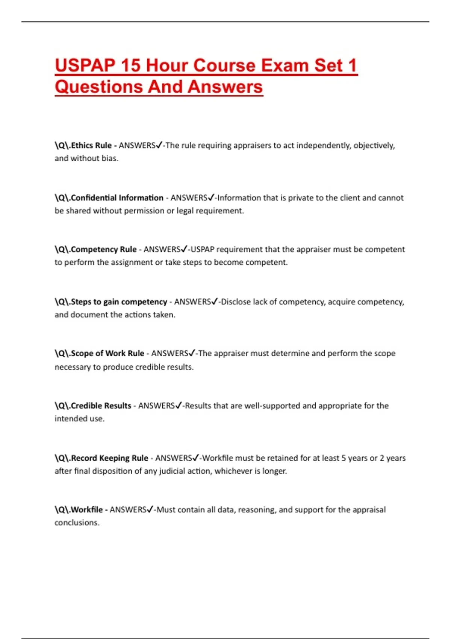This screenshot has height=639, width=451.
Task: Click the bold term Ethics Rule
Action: (x=91, y=145)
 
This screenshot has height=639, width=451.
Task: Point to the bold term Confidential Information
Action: (x=117, y=198)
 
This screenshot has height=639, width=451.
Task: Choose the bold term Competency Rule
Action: (x=104, y=250)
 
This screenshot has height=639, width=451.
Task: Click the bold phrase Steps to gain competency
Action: (x=119, y=302)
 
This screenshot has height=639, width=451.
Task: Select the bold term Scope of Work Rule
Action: (x=107, y=353)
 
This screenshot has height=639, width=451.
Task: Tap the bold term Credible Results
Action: (x=101, y=406)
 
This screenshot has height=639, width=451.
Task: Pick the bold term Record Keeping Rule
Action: (x=109, y=458)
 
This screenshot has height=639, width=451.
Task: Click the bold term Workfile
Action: (x=87, y=510)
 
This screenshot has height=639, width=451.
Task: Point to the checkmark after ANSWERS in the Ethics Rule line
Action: (x=159, y=145)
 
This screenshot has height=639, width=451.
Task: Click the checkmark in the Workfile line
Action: (x=150, y=509)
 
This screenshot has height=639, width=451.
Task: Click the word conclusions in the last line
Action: (x=77, y=523)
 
